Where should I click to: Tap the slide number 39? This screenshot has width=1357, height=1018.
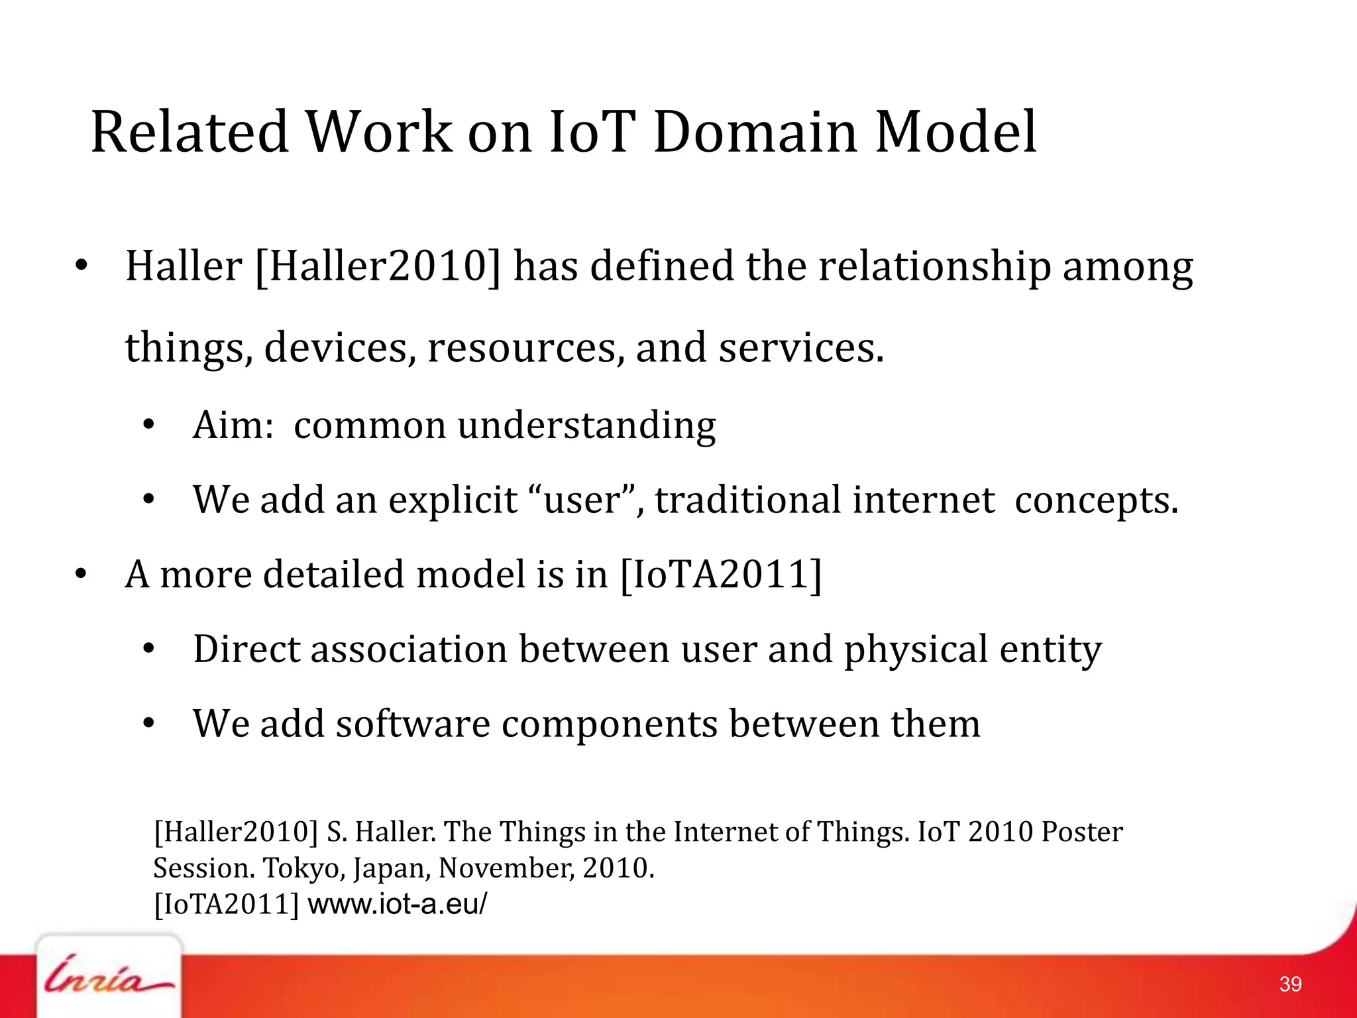tap(1290, 984)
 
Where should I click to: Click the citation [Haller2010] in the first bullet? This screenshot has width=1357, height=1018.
tap(378, 266)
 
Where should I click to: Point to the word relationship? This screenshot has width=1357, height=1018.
tap(934, 266)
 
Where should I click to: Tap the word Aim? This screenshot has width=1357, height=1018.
tap(233, 425)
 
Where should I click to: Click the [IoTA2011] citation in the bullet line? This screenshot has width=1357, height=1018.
tap(721, 574)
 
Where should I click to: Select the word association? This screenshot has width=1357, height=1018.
tap(408, 649)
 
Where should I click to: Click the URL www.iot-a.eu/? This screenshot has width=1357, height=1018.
tap(398, 904)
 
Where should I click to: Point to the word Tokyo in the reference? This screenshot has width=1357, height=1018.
tap(304, 868)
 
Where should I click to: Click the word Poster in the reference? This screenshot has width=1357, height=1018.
tap(1081, 832)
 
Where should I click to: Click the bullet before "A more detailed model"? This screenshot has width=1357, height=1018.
tap(81, 574)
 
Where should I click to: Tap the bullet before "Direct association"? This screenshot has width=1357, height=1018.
tap(148, 649)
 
